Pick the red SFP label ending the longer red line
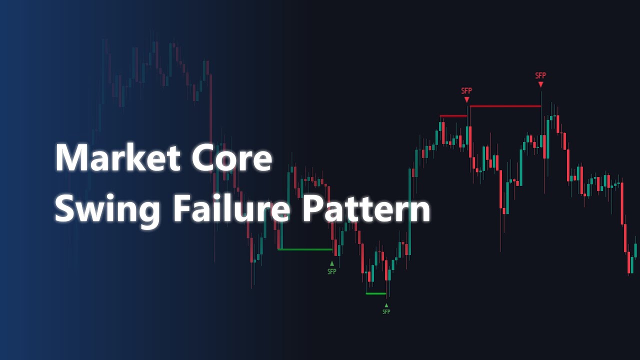pos(540,75)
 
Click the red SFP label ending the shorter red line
pos(466,90)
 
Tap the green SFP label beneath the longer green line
pos(331,271)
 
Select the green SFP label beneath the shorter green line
pos(386,311)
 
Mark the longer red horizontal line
pos(505,106)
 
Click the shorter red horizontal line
pos(453,116)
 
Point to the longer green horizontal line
pos(305,249)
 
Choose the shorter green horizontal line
pos(376,293)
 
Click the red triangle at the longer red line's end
pos(540,84)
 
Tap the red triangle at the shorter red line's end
pos(466,99)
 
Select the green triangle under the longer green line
pos(331,263)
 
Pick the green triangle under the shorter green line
pos(386,304)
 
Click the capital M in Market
pos(70,158)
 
